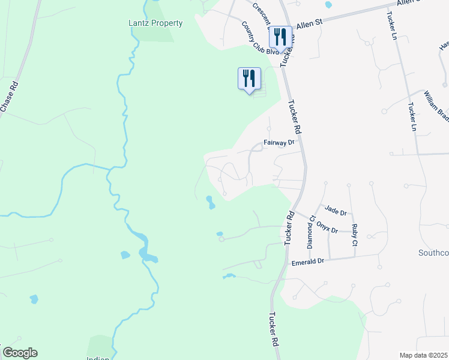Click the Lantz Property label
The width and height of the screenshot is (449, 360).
click(x=155, y=23)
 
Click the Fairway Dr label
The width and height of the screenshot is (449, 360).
click(x=280, y=143)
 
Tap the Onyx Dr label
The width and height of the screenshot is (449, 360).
click(x=328, y=228)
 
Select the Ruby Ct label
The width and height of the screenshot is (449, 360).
click(x=355, y=235)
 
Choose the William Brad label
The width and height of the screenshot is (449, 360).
click(x=436, y=106)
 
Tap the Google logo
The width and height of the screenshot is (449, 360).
click(x=20, y=353)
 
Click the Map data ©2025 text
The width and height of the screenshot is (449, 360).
click(x=423, y=355)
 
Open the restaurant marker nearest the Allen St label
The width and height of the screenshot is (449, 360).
click(x=280, y=38)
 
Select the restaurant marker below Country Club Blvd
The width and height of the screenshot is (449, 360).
click(x=249, y=79)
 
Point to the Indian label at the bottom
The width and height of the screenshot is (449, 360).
click(x=98, y=358)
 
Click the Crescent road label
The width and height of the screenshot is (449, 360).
click(x=262, y=14)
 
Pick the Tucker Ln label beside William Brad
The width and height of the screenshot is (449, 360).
click(x=412, y=117)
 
